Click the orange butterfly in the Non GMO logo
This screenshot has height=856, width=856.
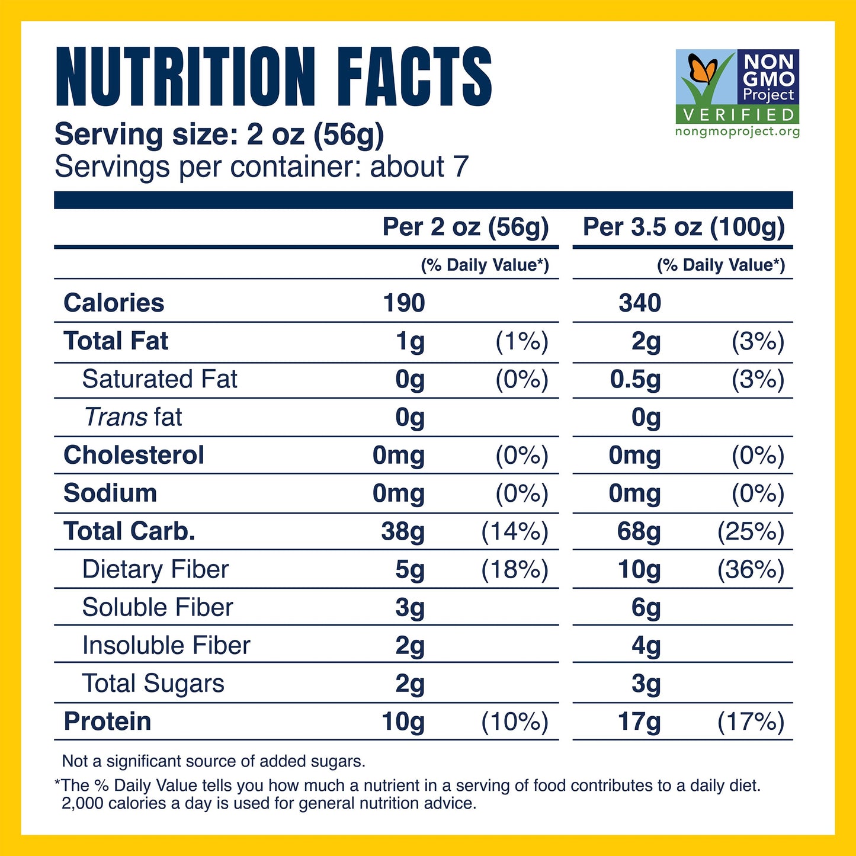(x=703, y=70)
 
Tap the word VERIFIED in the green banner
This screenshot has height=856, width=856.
(x=738, y=114)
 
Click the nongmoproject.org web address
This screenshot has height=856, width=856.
(x=738, y=132)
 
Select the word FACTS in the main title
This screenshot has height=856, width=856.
(x=414, y=78)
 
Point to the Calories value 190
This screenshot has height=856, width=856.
(x=404, y=303)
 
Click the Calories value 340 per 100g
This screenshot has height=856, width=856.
(x=640, y=303)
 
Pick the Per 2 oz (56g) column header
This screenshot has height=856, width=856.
(x=466, y=227)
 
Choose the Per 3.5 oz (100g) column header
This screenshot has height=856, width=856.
(x=684, y=227)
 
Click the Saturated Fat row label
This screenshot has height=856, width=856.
(x=159, y=379)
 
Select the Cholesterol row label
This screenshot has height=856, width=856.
(x=134, y=456)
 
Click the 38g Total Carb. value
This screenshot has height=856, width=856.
(x=403, y=531)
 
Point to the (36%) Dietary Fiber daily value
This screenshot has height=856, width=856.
(x=751, y=570)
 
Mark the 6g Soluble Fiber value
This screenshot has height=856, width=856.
(x=646, y=608)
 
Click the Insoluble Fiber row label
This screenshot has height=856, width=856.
(x=166, y=646)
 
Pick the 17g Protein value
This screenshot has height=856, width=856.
(x=639, y=722)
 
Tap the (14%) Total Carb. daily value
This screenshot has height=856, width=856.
(x=515, y=531)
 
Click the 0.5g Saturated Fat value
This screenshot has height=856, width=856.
(x=635, y=380)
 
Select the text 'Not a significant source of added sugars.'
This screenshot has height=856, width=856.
(x=214, y=761)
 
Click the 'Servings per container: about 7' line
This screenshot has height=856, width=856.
(x=261, y=167)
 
